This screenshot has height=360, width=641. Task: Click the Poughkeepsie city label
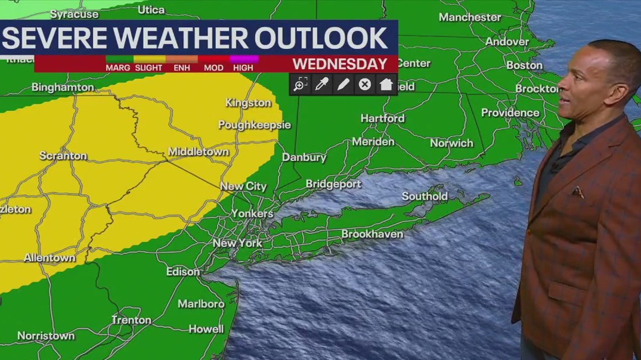point(254,125)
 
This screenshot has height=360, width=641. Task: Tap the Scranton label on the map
point(63,156)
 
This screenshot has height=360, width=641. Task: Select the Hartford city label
point(382,118)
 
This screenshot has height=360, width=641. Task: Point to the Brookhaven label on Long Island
point(372,234)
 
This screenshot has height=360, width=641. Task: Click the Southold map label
point(424,196)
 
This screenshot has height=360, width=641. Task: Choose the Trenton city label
point(131,320)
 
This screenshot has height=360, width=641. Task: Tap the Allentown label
point(49,258)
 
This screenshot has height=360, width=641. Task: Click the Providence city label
point(510,113)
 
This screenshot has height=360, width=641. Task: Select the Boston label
point(524,65)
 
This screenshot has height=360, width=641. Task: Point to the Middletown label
point(198,151)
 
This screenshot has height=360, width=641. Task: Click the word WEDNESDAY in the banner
point(339,64)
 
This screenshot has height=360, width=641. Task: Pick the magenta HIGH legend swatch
point(244,59)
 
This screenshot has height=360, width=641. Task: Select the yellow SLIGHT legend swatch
point(149,59)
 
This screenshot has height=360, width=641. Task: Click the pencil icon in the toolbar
point(343,85)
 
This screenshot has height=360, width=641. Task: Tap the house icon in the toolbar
point(386,85)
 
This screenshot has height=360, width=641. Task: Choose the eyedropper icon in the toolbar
point(321,85)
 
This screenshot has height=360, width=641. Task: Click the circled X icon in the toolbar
point(364,85)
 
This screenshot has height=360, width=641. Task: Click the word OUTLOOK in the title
point(321,38)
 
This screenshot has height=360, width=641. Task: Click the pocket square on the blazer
point(577,192)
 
